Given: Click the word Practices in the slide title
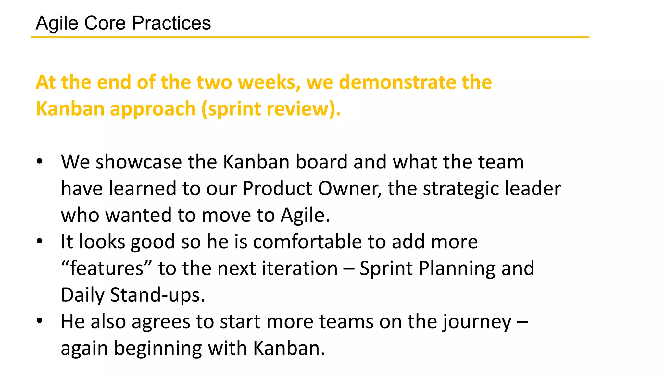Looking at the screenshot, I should point(171,23).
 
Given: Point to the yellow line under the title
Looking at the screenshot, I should point(310,37).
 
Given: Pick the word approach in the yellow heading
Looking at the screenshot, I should point(153,109).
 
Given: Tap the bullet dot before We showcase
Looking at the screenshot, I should point(40,161).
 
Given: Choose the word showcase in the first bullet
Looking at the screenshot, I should point(139,162).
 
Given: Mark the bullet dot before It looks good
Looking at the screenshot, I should point(40,241).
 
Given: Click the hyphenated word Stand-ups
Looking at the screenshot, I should point(157,295).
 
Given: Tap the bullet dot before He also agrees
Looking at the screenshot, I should point(40,321).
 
